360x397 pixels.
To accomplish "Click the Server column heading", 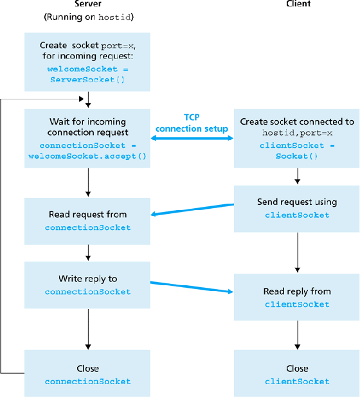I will [x=87, y=4].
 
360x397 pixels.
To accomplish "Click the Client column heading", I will [x=298, y=4].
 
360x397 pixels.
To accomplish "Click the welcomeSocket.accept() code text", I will [x=87, y=157].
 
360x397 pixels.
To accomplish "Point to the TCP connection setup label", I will [x=192, y=123].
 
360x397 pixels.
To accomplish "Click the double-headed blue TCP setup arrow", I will [x=192, y=138].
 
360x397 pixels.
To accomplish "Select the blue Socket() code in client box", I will [x=297, y=155].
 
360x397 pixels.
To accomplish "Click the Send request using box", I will [x=297, y=208].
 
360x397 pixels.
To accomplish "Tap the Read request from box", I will [x=87, y=220].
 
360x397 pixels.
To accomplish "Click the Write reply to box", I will [x=87, y=285].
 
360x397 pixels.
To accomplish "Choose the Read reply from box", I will [x=297, y=297].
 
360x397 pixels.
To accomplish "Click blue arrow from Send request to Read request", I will [x=192, y=209].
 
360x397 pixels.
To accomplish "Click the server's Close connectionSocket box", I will [x=87, y=375].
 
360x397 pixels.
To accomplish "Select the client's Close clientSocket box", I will [x=297, y=375].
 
